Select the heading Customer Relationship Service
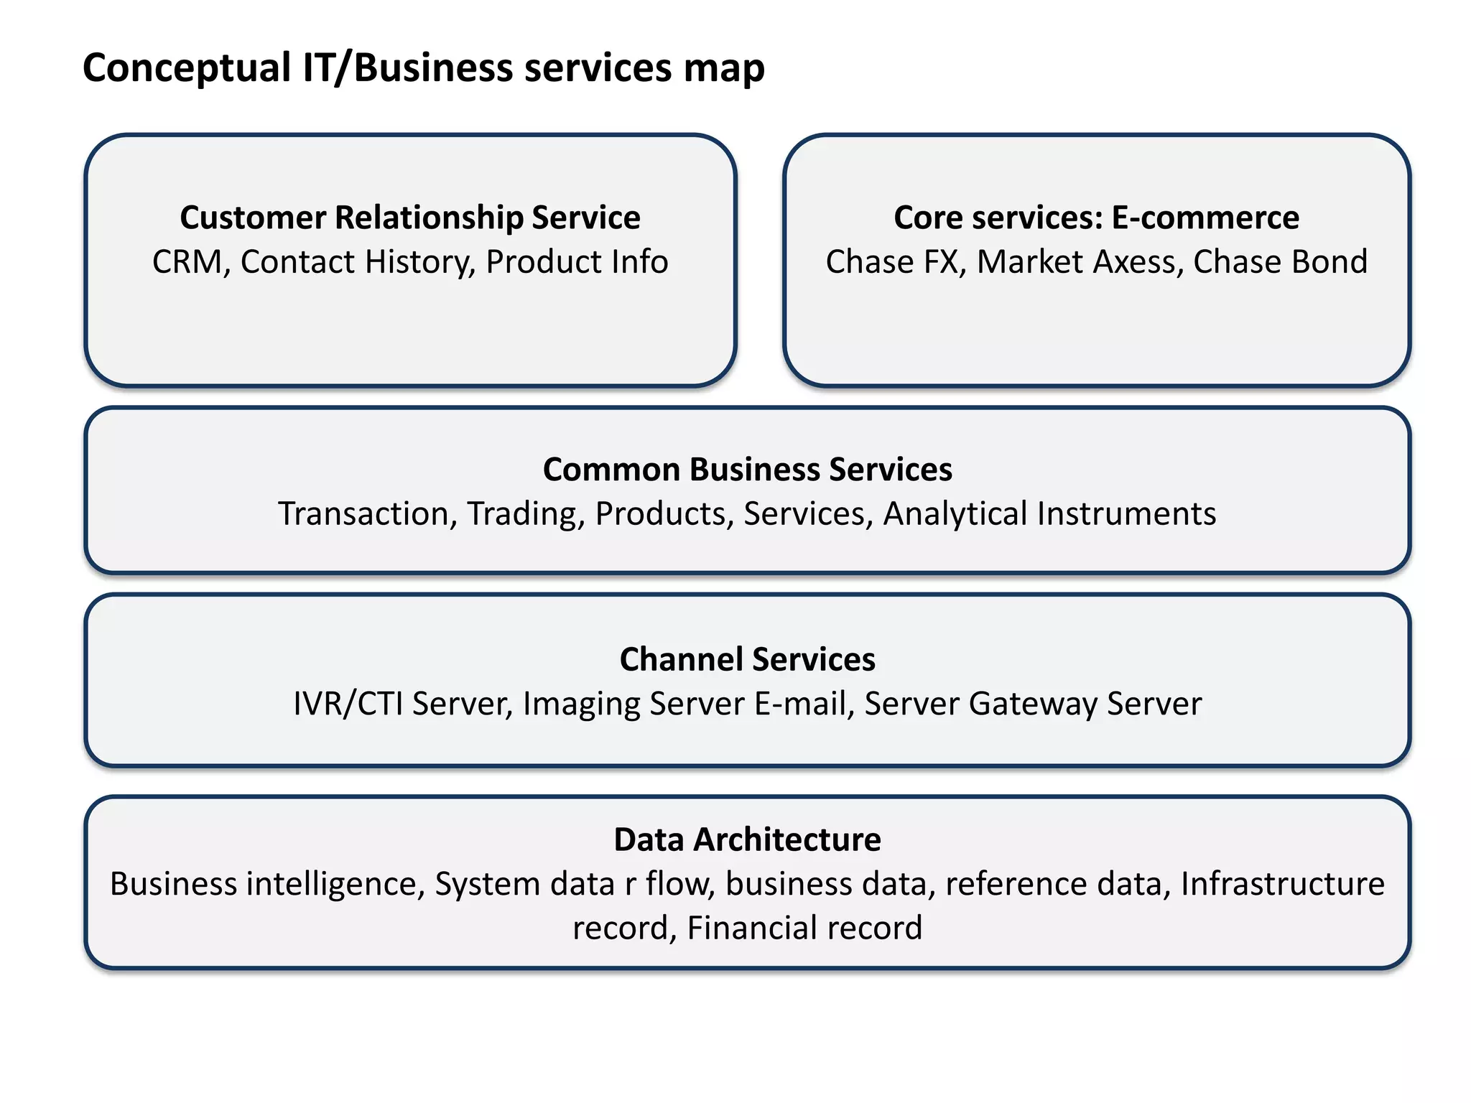coord(409,218)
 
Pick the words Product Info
coord(577,262)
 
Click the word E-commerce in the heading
coord(1205,218)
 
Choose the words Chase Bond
coord(1280,262)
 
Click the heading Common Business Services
coord(747,470)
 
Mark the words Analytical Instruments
coord(1049,514)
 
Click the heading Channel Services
coord(747,659)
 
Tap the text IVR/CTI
coord(348,704)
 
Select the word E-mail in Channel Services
coord(799,704)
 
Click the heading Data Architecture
coord(747,839)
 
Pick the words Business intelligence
coord(263,884)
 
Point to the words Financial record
coord(804,928)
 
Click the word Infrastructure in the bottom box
coord(1282,884)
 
